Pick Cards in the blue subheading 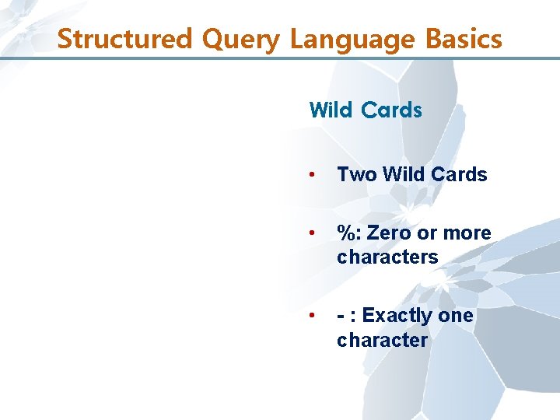[x=391, y=110]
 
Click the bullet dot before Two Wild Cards [x=312, y=174]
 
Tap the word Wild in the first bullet [x=401, y=174]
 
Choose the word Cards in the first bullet [x=459, y=174]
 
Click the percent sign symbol [x=345, y=233]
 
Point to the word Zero [x=387, y=233]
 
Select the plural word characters [x=387, y=257]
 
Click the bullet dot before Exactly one [x=312, y=316]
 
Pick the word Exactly [x=397, y=316]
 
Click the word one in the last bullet [x=456, y=316]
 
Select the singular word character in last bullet [x=382, y=340]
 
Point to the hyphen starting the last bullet [x=341, y=317]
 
